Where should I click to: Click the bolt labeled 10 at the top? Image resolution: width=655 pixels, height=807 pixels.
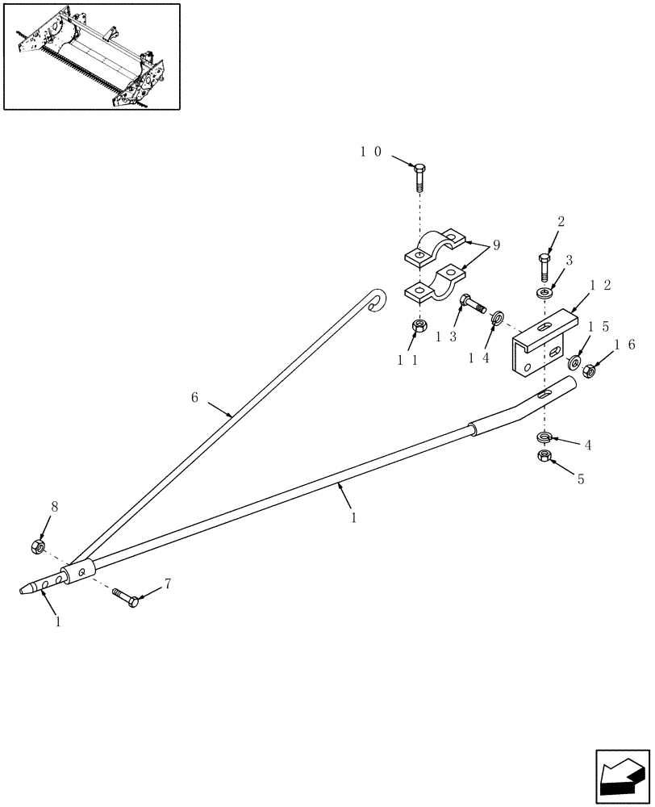419,177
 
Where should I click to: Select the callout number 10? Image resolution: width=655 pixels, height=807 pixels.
371,151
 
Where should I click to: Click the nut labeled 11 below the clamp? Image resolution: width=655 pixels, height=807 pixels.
419,326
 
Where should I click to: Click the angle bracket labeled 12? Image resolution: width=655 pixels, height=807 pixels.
540,345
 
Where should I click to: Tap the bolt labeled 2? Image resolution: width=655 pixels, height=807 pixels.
544,266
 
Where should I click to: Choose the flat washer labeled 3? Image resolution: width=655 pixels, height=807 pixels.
545,291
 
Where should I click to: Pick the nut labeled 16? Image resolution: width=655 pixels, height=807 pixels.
590,371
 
